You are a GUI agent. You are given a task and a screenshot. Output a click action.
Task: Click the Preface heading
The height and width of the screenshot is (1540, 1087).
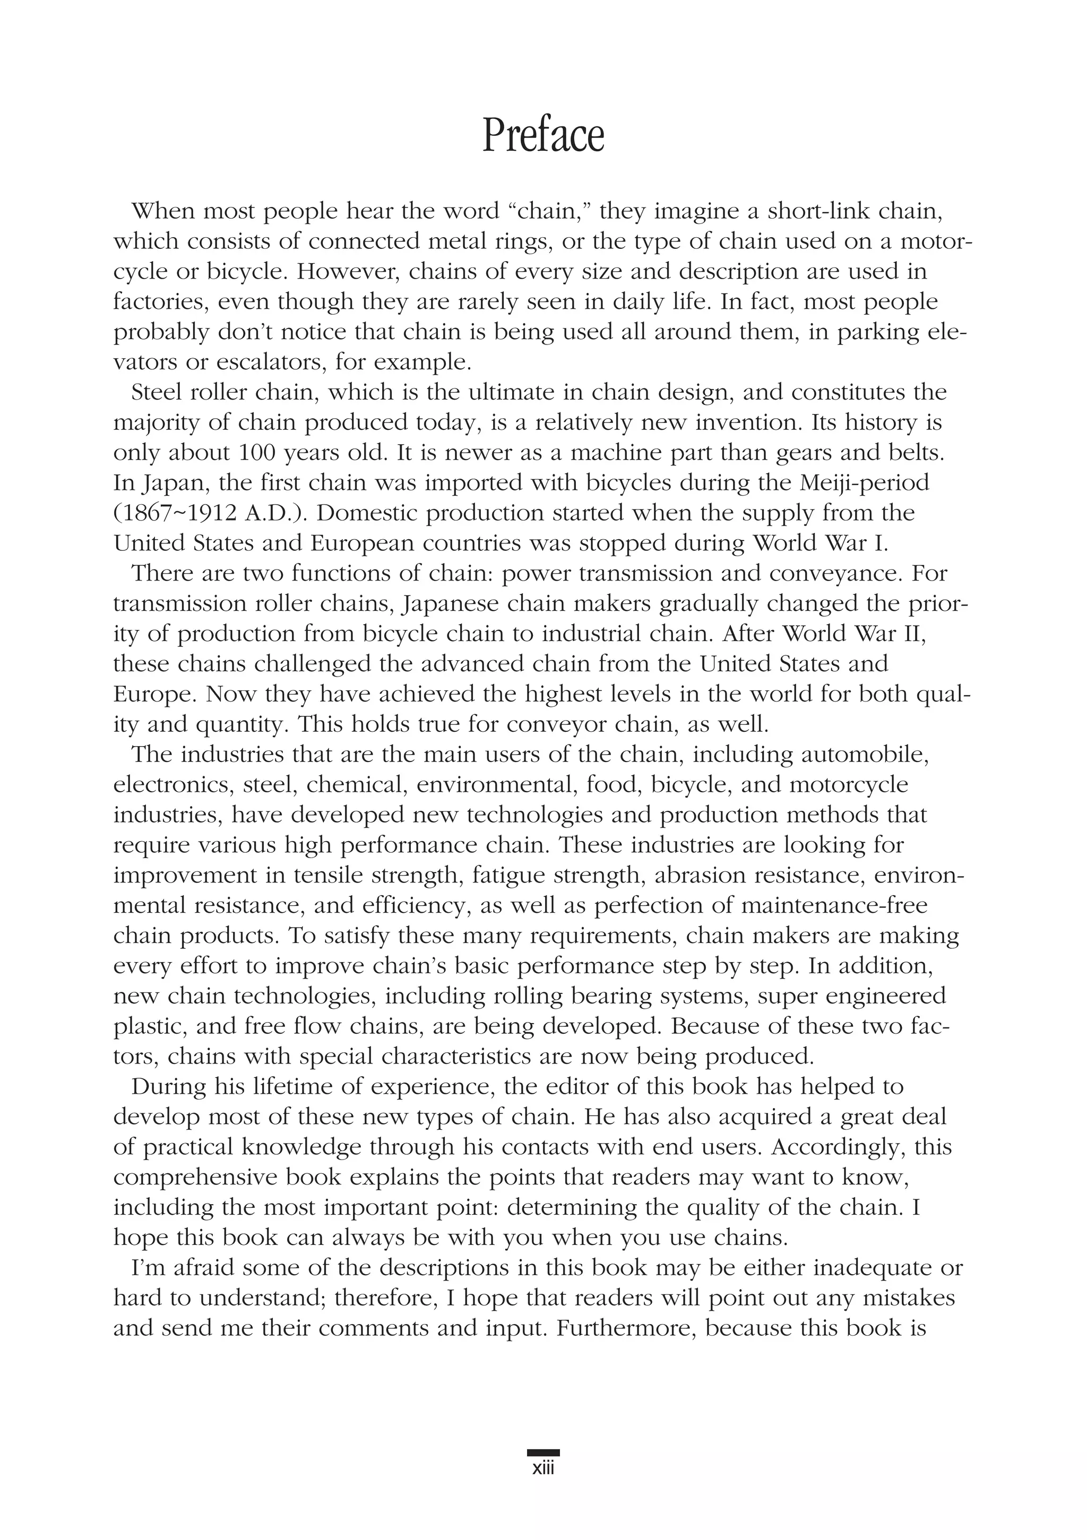543,136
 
